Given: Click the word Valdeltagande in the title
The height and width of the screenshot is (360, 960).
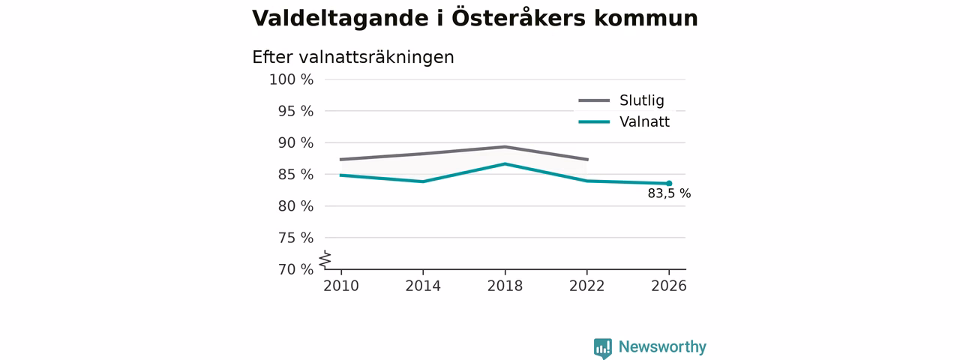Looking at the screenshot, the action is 340,19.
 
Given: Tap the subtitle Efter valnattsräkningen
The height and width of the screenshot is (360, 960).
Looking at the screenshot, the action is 352,58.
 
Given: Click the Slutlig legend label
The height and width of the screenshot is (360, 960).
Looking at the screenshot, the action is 641,100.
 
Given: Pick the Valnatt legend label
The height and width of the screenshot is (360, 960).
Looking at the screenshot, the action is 644,121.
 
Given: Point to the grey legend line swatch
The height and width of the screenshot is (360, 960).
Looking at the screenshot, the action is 594,100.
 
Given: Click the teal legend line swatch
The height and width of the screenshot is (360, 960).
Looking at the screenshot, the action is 594,122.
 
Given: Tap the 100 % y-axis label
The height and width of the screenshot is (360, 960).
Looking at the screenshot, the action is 292,79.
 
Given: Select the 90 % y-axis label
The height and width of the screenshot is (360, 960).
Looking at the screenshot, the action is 295,142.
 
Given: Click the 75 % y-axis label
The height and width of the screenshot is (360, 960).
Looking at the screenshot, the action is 295,238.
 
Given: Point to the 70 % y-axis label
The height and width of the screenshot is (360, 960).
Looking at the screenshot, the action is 295,269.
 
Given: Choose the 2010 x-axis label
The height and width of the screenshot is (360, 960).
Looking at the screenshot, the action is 341,286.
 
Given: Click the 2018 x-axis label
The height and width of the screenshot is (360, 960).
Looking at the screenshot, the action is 505,286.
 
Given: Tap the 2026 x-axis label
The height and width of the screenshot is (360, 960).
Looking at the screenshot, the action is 668,286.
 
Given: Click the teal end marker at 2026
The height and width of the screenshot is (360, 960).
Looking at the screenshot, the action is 669,184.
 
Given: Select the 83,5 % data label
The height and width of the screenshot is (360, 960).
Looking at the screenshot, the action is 669,193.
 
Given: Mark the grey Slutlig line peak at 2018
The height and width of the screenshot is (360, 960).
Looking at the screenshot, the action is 505,146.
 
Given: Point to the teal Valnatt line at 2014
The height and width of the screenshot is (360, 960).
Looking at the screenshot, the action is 423,181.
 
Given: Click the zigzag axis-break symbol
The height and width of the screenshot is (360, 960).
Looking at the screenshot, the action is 325,259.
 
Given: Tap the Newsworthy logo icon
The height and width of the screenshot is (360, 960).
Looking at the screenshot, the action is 602,349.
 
